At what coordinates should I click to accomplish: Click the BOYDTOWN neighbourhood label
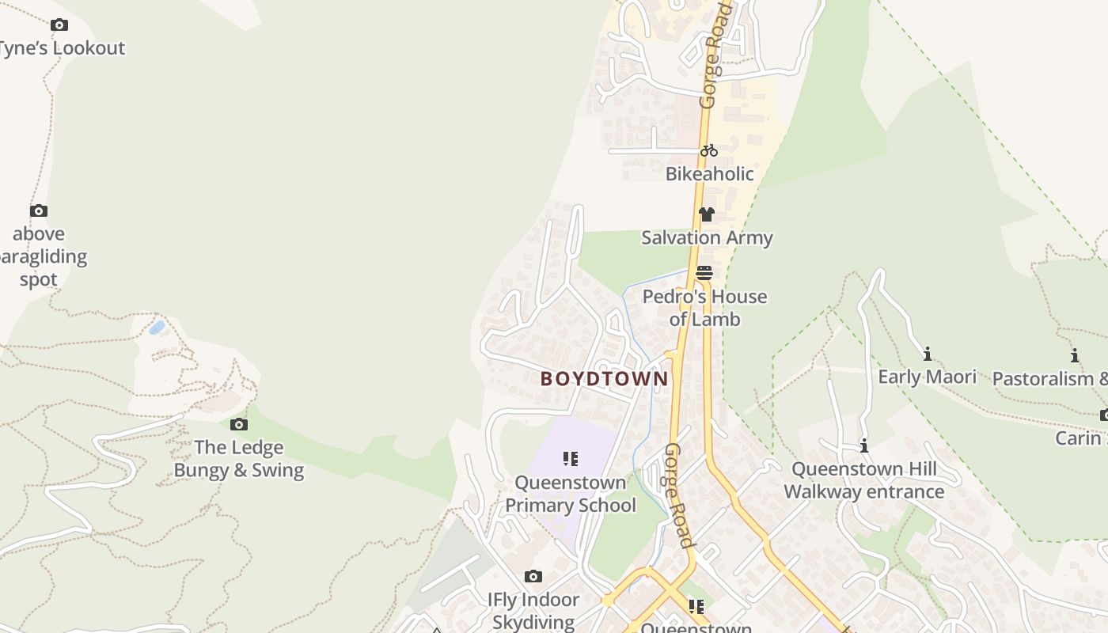(604, 379)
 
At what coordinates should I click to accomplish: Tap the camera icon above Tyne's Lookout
(59, 25)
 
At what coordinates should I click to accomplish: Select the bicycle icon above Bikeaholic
(708, 150)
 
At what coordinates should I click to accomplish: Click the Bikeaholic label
(709, 174)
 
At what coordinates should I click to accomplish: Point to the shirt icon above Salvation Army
(707, 214)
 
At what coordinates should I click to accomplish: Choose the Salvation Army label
(707, 237)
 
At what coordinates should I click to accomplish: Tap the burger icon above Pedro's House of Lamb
(704, 273)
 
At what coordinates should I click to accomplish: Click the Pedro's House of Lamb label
(704, 308)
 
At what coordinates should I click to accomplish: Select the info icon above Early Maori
(927, 354)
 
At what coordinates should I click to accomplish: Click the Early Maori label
(927, 377)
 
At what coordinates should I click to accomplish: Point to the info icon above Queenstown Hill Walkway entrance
(864, 445)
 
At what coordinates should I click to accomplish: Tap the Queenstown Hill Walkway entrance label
(864, 480)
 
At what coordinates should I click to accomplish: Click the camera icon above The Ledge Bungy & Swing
(238, 425)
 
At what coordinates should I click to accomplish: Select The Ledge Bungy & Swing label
(238, 459)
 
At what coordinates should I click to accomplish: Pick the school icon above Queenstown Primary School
(570, 459)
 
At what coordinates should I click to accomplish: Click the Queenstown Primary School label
(570, 494)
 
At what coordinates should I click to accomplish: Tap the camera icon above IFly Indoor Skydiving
(533, 576)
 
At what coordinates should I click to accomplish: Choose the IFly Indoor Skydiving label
(533, 611)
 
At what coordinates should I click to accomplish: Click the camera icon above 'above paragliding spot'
(39, 210)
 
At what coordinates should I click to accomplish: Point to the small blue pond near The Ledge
(157, 327)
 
